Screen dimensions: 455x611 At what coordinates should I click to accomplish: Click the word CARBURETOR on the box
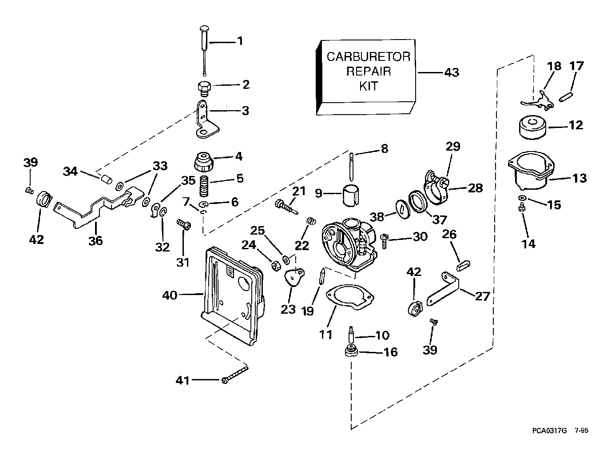369,57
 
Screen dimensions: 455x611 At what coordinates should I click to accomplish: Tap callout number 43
452,72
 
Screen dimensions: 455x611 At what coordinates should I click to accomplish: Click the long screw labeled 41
234,374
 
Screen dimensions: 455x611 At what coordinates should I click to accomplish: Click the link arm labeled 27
444,288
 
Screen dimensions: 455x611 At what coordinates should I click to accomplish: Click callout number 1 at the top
240,41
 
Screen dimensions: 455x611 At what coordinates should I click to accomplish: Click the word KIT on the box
369,86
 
